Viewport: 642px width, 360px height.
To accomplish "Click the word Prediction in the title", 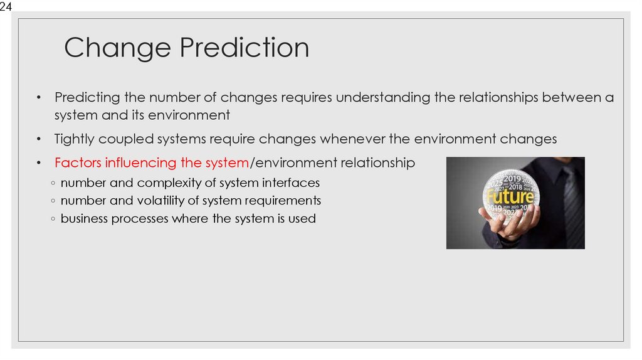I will point(243,48).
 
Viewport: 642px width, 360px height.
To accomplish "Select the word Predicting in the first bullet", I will point(86,98).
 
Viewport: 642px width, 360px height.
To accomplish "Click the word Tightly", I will point(76,139).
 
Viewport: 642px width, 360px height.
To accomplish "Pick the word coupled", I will point(126,139).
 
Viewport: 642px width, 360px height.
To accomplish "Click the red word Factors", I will point(78,163).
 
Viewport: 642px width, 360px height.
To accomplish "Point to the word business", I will point(86,219).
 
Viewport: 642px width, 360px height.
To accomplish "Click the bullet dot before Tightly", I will point(38,140).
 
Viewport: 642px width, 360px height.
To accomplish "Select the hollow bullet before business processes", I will point(53,220).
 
